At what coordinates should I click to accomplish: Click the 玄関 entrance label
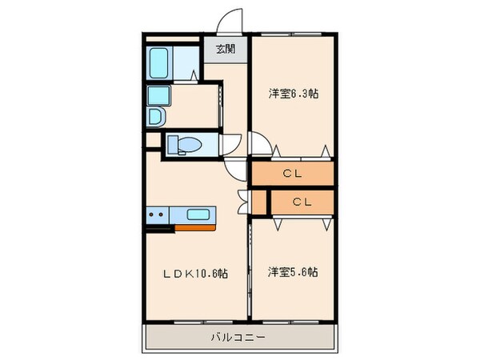(x=226, y=50)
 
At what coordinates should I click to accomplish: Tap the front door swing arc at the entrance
(x=232, y=21)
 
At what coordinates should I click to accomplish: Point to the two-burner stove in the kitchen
(x=156, y=214)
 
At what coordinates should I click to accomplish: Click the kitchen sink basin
(x=199, y=214)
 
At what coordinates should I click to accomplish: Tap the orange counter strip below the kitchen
(x=194, y=226)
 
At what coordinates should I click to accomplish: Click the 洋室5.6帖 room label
(x=293, y=272)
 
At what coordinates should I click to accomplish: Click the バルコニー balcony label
(x=239, y=337)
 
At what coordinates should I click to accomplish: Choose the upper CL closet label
(x=292, y=172)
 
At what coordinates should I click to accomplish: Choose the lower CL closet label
(x=301, y=202)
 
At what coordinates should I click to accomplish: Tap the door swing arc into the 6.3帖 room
(x=259, y=144)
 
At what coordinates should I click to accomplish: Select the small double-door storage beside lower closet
(x=258, y=202)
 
